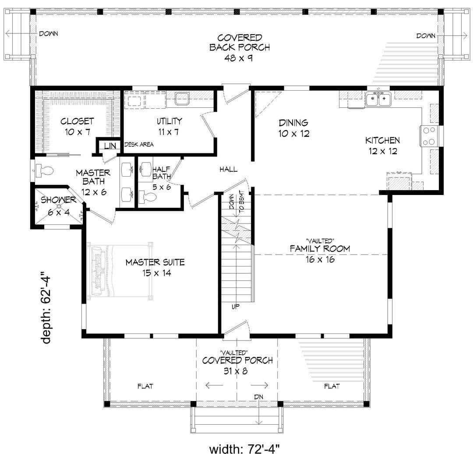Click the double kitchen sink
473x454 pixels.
(378, 99)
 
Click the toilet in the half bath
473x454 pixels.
(148, 198)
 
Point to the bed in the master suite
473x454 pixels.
(120, 270)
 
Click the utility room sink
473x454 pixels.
(182, 99)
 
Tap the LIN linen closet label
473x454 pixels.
(110, 146)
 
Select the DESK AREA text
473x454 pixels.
(139, 145)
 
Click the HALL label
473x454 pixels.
(228, 169)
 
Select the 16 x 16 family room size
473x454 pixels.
(320, 259)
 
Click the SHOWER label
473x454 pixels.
(59, 200)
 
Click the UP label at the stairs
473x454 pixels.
(236, 307)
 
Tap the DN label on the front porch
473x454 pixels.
(258, 397)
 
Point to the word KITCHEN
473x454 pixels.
(382, 140)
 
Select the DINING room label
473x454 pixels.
(293, 123)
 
